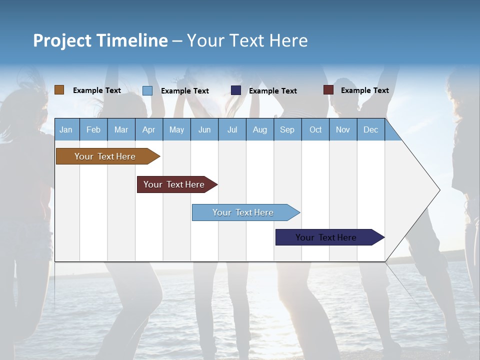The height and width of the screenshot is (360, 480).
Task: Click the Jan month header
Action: (x=66, y=129)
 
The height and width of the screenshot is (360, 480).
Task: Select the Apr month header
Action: (x=148, y=129)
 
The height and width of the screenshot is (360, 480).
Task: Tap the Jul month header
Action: (x=232, y=129)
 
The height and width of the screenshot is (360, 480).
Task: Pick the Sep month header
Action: (x=287, y=129)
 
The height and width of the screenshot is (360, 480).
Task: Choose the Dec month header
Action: (x=370, y=129)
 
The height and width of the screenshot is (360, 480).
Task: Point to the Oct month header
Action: (x=315, y=129)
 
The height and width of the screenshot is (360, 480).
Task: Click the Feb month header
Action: (x=93, y=129)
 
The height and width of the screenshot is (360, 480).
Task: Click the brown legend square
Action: (x=59, y=90)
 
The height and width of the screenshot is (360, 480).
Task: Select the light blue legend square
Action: (x=147, y=90)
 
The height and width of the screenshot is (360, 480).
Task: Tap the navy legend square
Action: (x=236, y=90)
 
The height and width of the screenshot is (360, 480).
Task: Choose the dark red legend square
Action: (x=328, y=90)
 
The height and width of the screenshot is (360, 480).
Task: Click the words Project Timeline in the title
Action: (x=100, y=40)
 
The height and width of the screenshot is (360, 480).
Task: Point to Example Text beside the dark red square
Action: (x=364, y=90)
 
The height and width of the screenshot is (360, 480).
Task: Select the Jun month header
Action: (x=204, y=129)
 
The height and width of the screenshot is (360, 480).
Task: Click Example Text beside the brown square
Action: (x=96, y=90)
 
